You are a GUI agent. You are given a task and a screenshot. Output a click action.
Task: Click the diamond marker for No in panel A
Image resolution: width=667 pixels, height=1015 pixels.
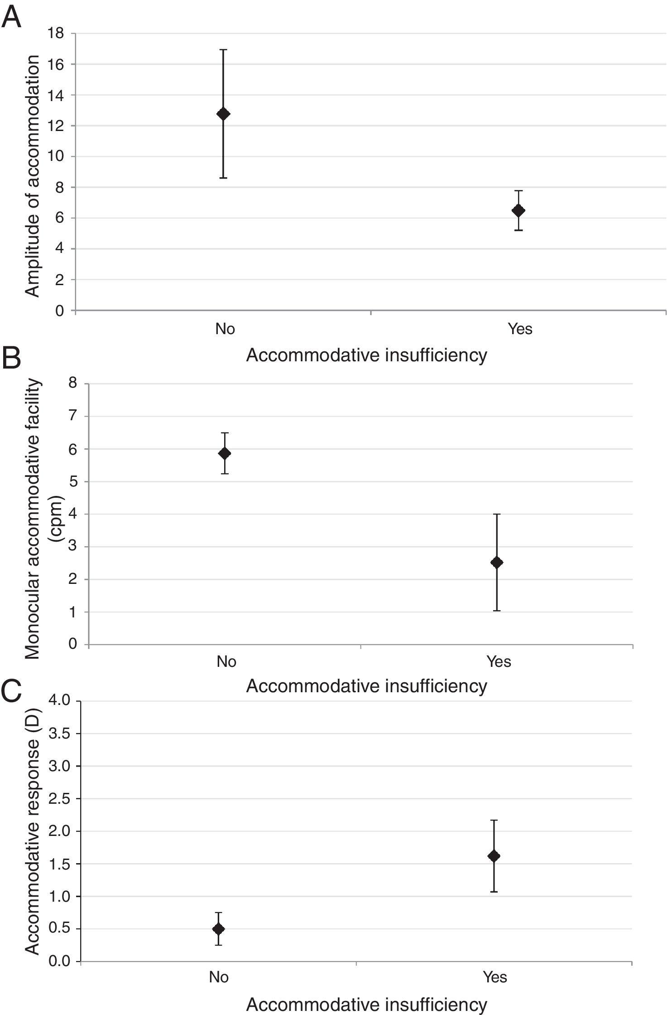click(223, 113)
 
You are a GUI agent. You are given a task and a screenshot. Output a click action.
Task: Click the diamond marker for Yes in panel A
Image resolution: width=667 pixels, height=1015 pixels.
click(518, 210)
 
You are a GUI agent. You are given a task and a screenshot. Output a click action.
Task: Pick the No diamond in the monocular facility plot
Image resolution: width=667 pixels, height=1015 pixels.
click(225, 453)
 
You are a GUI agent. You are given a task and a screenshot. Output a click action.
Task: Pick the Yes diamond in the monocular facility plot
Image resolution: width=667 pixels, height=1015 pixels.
click(497, 563)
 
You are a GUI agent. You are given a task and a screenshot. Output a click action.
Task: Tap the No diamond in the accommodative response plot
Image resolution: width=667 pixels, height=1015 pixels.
click(219, 929)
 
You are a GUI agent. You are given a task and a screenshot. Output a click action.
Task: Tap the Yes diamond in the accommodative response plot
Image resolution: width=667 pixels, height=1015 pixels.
click(494, 856)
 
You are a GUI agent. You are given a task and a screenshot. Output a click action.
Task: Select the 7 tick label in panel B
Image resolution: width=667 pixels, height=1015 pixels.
click(73, 416)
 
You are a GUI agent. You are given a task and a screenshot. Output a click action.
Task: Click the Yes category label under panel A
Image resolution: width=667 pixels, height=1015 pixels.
click(520, 329)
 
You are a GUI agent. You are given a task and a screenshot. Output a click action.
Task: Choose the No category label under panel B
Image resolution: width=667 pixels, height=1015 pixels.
click(226, 661)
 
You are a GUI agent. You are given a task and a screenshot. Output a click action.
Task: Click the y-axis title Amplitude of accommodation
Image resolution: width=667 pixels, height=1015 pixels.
click(33, 176)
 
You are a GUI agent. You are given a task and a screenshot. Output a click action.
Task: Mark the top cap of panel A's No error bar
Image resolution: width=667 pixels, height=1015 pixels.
click(223, 49)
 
